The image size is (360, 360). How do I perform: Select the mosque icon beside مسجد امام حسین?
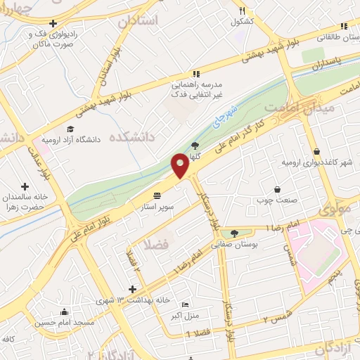[x=65, y=312]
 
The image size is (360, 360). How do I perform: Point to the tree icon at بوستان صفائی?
[x=234, y=233]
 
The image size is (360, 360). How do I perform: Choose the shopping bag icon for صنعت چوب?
[x=278, y=189]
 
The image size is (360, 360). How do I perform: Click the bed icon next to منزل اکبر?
[x=185, y=304]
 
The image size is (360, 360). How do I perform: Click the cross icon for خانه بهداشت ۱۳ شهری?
[x=133, y=289]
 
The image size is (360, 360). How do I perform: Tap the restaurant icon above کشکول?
[x=242, y=11]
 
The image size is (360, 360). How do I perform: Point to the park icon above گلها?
[x=195, y=146]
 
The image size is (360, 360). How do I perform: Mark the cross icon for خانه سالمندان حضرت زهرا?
[x=25, y=187]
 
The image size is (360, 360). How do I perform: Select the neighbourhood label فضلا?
[x=154, y=245]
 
